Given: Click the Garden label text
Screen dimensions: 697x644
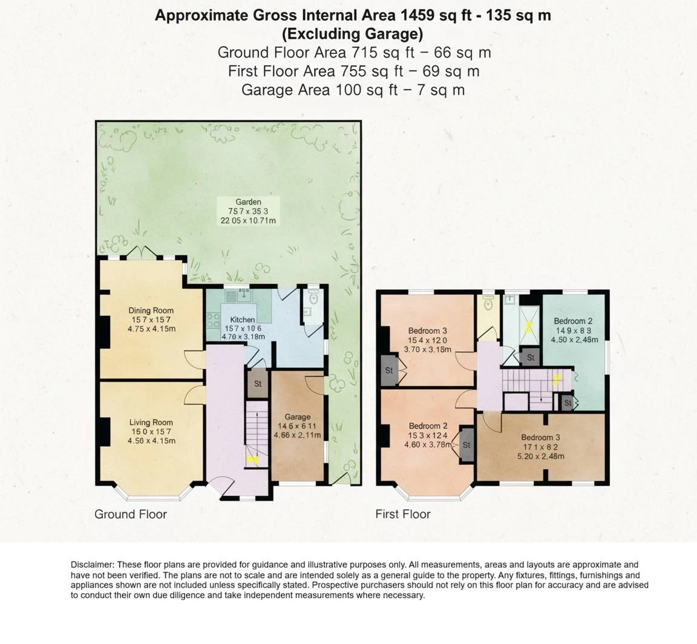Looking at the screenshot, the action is [x=248, y=202].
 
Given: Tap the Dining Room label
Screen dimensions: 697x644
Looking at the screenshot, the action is [x=151, y=310].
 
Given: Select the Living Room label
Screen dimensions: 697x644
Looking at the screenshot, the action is [x=151, y=422].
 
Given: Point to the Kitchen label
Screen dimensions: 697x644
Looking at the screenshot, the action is [x=243, y=320].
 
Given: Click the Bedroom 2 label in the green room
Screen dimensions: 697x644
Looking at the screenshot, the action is [x=573, y=321].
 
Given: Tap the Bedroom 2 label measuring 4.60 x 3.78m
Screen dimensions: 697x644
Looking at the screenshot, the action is [x=428, y=425].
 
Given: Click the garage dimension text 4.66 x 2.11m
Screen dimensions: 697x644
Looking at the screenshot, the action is [x=297, y=435].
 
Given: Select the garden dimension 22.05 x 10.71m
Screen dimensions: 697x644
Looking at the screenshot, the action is [x=248, y=220].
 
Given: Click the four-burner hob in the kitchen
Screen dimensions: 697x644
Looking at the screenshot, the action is [x=214, y=321].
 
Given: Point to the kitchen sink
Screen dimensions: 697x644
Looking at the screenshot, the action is [x=238, y=295].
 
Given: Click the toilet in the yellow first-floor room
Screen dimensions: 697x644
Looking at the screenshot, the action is [x=488, y=304].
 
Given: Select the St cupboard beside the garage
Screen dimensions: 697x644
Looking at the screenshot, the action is [x=257, y=383].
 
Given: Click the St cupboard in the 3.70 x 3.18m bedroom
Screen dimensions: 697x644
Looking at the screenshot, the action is [x=389, y=370].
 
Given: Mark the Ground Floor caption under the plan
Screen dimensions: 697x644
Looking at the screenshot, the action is [x=130, y=514].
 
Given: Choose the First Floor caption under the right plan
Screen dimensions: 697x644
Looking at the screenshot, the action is [x=403, y=514].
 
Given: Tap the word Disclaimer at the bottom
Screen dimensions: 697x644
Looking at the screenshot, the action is [x=92, y=565].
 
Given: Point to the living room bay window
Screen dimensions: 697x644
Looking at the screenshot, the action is [x=151, y=493].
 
